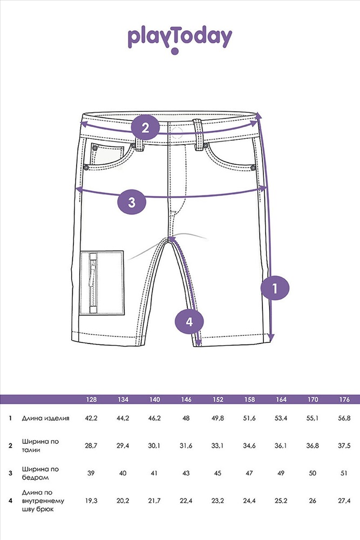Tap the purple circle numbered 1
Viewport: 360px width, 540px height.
tap(275, 288)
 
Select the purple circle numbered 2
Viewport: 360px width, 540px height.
tap(145, 128)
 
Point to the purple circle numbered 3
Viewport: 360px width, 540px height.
tap(132, 202)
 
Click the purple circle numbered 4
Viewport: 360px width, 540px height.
tap(189, 322)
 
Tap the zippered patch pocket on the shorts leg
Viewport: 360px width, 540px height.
tap(102, 283)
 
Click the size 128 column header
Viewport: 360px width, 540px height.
tap(91, 400)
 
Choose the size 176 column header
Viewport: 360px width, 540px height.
tap(344, 400)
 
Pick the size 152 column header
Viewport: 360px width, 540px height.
tap(218, 400)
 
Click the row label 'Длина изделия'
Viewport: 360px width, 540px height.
tap(45, 418)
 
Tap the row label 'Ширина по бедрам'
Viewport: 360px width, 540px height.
tap(40, 473)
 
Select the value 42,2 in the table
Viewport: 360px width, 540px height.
tap(91, 418)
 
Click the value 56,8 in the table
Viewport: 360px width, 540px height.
tap(344, 418)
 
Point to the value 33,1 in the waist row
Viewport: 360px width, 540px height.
tap(218, 446)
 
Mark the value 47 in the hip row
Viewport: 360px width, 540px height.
tap(249, 473)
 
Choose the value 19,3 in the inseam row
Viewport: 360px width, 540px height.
tap(91, 501)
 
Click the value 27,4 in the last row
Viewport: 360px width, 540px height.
tap(344, 501)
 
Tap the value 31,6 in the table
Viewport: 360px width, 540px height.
tap(186, 446)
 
